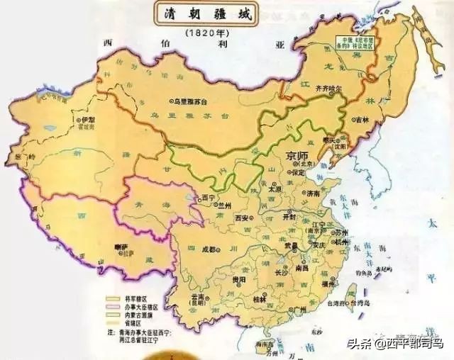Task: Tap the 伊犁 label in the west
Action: click(87, 120)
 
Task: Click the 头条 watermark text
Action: click(359, 343)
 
